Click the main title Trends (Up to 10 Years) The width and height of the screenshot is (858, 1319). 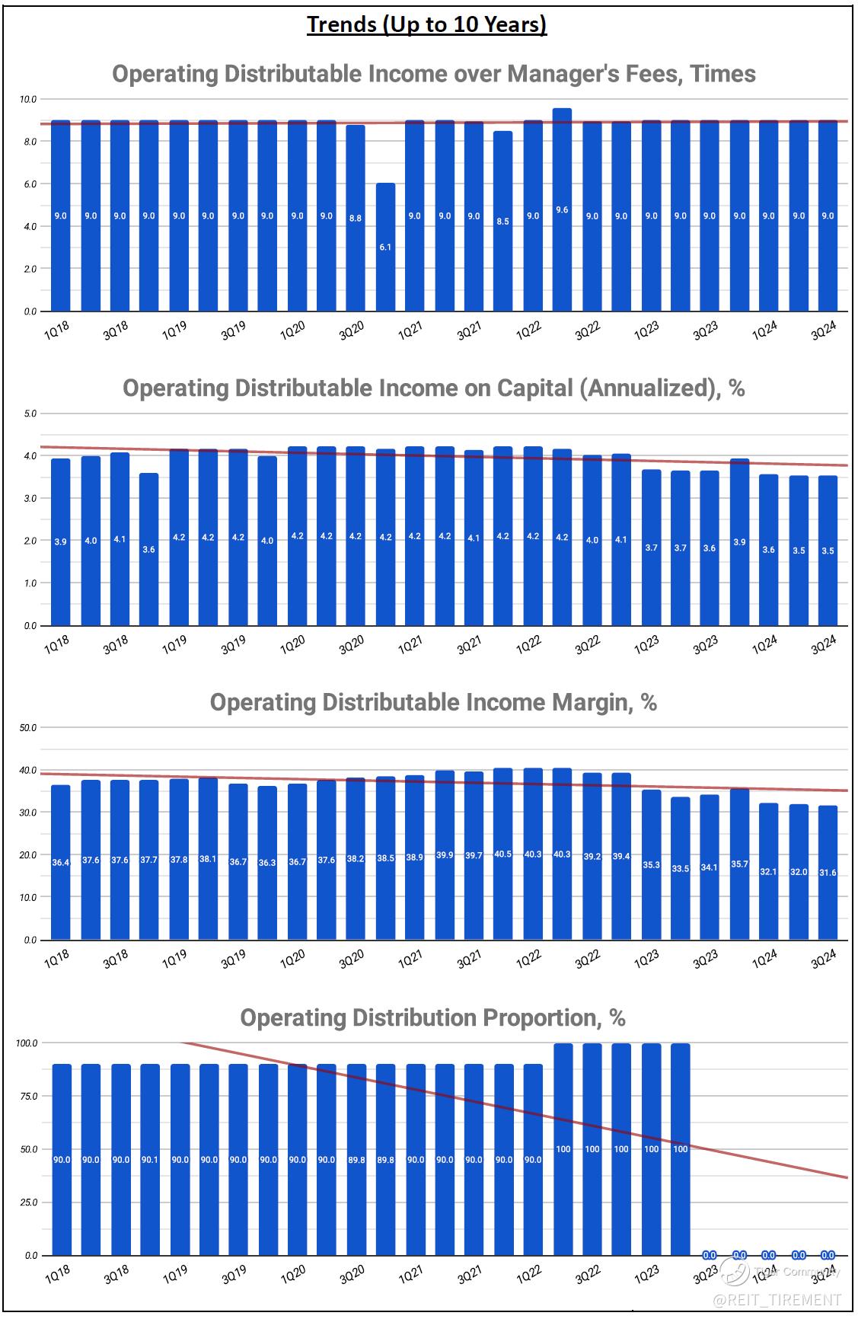pos(427,25)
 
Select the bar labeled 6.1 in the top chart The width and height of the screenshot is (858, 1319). pos(385,247)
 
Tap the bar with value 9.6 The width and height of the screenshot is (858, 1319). pos(562,209)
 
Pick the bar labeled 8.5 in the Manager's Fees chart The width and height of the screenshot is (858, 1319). pos(502,221)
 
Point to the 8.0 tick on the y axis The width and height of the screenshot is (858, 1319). pos(29,142)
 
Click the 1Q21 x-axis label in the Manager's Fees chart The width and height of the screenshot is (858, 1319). pos(412,332)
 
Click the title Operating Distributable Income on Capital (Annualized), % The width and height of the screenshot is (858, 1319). pos(433,388)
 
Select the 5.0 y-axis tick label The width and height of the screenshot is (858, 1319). pos(29,414)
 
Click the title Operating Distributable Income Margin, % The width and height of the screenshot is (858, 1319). pos(433,702)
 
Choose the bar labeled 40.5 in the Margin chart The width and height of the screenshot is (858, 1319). pos(502,854)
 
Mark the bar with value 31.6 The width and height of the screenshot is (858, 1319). pos(828,873)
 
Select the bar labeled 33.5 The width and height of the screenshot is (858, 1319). pos(680,868)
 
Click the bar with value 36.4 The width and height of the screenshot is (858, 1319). pos(61,863)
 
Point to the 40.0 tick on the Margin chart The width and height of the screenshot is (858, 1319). pos(29,771)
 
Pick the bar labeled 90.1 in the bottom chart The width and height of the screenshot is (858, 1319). pos(149,1160)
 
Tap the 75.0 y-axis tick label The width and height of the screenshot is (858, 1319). pos(29,1096)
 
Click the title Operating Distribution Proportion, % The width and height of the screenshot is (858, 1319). pos(433,1017)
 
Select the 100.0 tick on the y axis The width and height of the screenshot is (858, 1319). pos(27,1043)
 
